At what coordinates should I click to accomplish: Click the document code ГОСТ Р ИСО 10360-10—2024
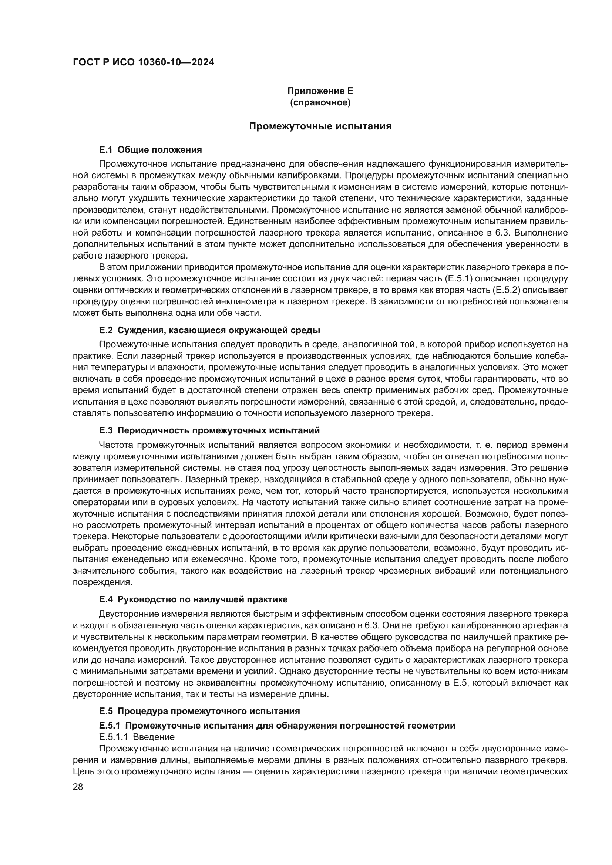[x=143, y=62]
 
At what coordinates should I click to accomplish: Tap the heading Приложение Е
[x=320, y=91]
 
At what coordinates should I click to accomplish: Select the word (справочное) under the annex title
[x=320, y=102]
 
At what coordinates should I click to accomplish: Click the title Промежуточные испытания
[x=320, y=126]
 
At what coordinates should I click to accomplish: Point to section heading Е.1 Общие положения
[x=150, y=150]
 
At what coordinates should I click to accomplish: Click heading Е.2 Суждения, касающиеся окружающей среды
[x=209, y=330]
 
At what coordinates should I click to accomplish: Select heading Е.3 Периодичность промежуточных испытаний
[x=209, y=430]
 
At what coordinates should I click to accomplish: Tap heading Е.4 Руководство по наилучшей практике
[x=193, y=599]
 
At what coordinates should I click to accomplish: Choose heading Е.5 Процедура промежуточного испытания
[x=199, y=711]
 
